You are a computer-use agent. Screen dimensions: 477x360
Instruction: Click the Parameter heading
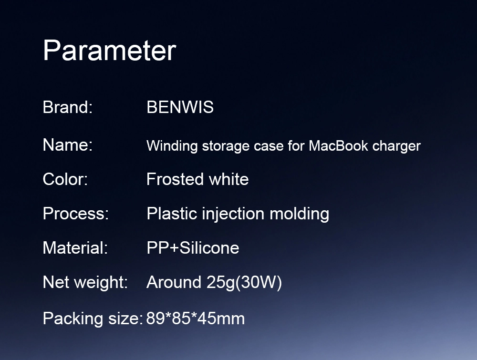(110, 50)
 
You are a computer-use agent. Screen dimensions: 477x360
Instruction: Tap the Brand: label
(68, 107)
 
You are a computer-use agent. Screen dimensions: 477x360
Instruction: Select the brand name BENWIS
(180, 107)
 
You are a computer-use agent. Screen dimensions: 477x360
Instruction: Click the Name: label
(68, 145)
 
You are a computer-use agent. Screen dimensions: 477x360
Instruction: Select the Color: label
(65, 179)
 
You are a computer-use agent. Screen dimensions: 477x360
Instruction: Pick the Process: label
(76, 214)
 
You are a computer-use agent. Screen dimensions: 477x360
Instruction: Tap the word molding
(300, 214)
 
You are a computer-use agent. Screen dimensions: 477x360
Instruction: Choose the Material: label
(75, 248)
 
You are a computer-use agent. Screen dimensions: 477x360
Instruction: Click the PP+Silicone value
(193, 248)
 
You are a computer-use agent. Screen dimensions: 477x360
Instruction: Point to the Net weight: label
(85, 282)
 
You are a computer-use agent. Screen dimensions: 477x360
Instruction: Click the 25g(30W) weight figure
(244, 283)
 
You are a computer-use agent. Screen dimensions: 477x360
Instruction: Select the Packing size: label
(93, 319)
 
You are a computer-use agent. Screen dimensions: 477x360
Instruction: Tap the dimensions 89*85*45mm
(195, 319)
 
